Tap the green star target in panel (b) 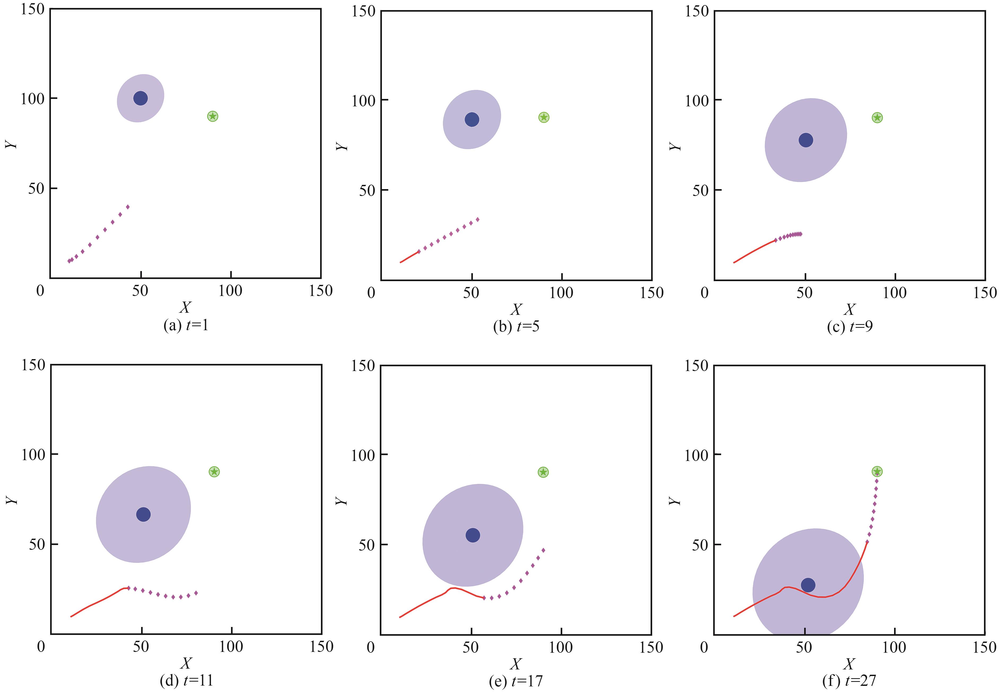543,117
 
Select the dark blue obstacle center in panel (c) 806,140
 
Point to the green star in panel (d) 214,471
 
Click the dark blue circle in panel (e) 473,535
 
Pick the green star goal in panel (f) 877,471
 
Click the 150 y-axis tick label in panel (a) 33,9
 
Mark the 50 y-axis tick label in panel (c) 700,191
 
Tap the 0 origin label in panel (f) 704,647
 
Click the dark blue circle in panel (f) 808,585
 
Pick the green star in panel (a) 212,116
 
